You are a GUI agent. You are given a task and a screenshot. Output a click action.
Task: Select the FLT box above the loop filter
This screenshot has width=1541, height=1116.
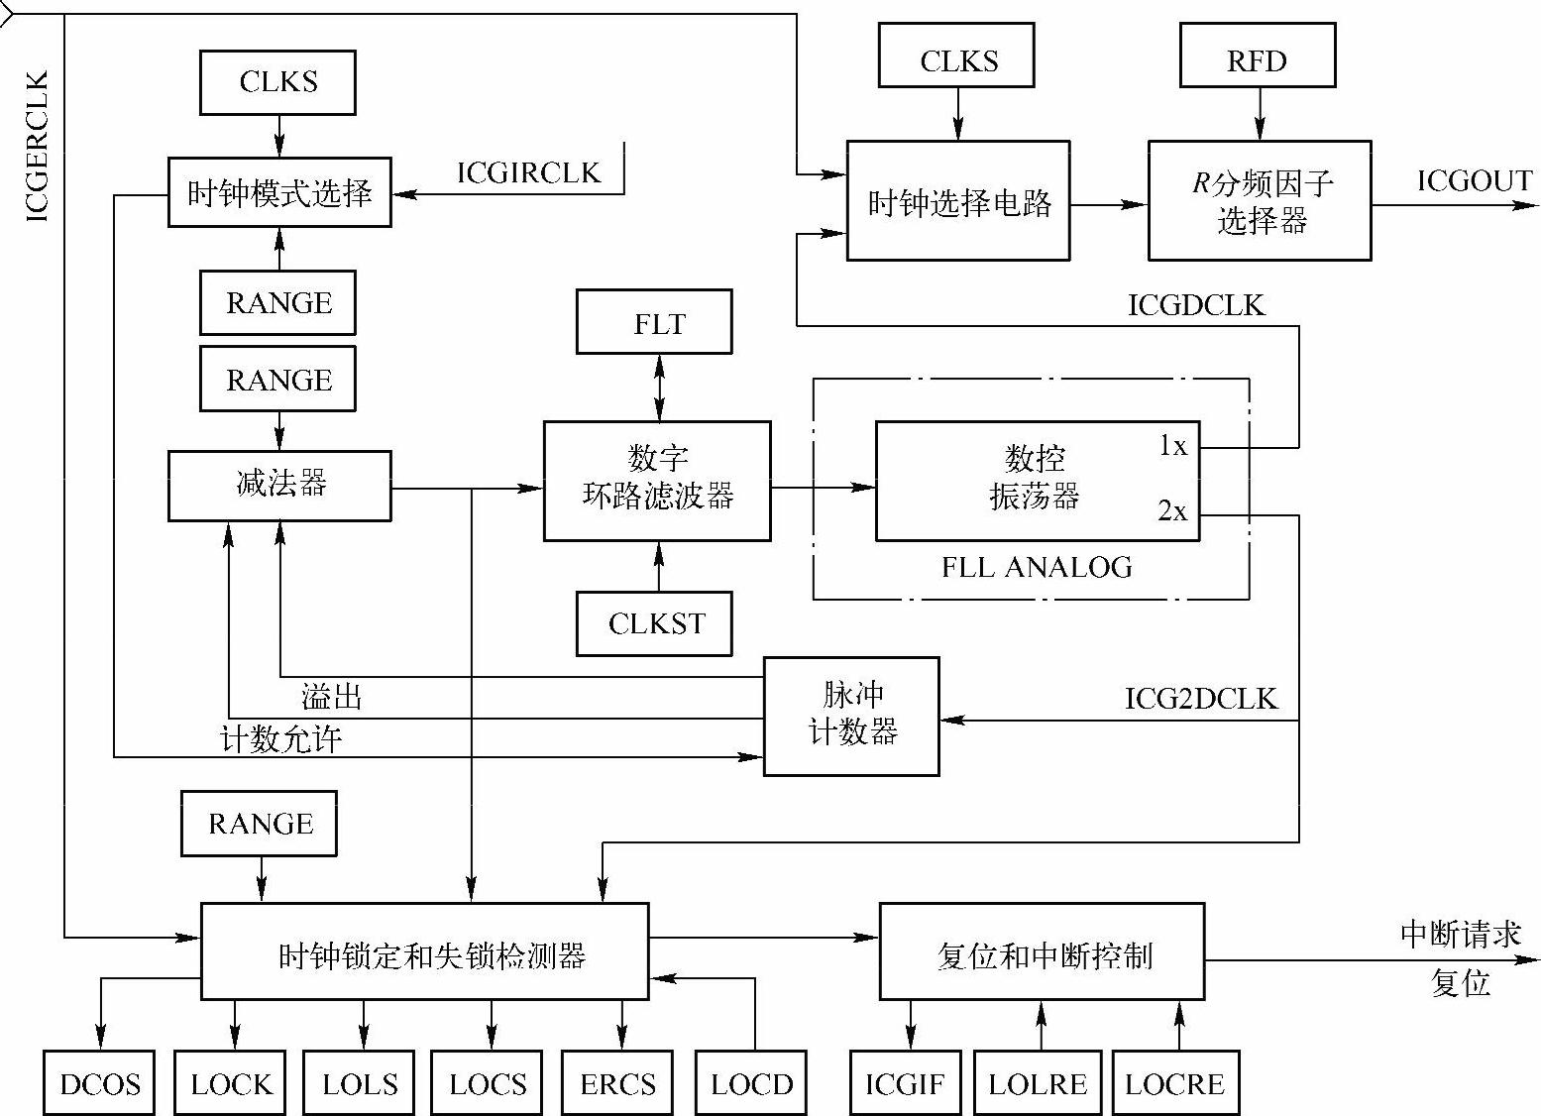[x=654, y=322]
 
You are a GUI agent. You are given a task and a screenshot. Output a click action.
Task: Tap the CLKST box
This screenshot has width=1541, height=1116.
[x=654, y=623]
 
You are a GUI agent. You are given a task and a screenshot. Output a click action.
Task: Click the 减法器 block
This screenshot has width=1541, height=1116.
[x=279, y=486]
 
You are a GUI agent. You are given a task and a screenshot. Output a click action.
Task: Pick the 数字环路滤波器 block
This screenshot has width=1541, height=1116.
[x=657, y=481]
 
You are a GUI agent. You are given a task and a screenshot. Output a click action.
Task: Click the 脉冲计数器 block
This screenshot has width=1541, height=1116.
[x=851, y=716]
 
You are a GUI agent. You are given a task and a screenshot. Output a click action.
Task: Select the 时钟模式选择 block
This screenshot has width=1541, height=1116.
[x=279, y=192]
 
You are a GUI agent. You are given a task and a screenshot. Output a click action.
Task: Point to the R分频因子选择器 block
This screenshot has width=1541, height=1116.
[x=1260, y=200]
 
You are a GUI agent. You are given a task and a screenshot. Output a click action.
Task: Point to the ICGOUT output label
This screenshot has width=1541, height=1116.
[x=1474, y=180]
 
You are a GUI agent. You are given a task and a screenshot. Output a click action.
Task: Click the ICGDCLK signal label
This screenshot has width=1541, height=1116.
[x=1197, y=304]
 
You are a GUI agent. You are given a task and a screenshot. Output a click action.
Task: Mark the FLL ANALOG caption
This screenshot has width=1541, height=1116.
[x=1037, y=567]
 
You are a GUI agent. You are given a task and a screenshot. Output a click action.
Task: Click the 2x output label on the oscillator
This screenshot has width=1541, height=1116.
[x=1171, y=510]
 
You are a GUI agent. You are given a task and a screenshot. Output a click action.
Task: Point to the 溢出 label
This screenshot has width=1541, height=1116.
[x=332, y=697]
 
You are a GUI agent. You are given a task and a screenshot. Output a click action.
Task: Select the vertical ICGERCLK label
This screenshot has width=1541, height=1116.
[x=37, y=147]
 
